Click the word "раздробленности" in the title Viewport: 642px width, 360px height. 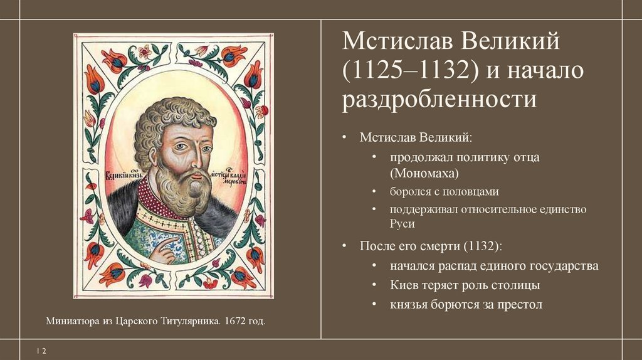click(439, 100)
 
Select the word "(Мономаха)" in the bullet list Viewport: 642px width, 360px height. click(424, 172)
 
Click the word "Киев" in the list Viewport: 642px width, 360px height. click(404, 285)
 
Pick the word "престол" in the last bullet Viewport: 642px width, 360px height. click(517, 305)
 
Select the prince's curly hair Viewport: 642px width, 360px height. click(169, 116)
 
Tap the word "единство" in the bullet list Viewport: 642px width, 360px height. click(560, 209)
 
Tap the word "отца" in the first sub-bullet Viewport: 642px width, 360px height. click(526, 157)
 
